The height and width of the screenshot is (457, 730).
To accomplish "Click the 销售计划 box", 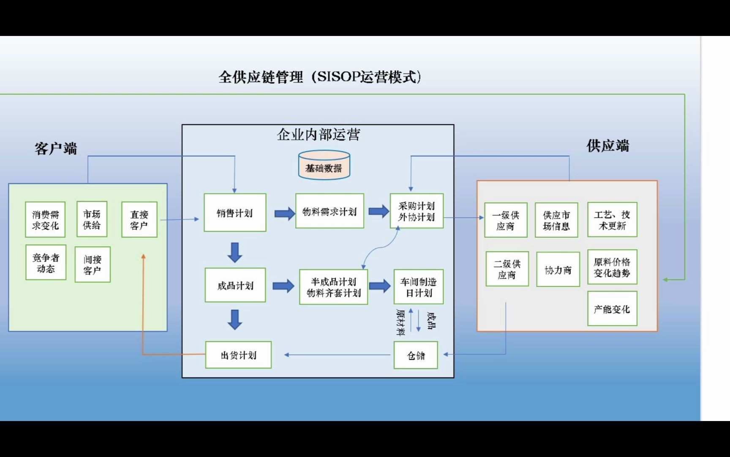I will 235,213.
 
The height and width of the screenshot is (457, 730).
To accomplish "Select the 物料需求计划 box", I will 330,211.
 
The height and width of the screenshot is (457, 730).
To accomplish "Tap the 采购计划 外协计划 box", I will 417,211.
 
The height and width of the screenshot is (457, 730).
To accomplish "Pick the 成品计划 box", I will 235,285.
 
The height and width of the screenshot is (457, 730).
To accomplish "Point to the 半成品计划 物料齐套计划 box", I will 333,287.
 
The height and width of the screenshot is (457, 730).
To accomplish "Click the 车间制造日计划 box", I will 418,287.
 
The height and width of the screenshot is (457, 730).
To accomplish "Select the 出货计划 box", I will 238,355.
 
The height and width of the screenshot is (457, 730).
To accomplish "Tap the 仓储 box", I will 416,355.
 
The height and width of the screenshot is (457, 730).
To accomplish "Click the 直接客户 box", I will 139,220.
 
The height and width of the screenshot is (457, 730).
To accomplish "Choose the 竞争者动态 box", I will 46,263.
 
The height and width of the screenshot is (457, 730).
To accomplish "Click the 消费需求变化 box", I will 45,220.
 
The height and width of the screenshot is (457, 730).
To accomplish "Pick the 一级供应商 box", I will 506,220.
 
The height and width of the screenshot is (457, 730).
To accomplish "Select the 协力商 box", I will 558,270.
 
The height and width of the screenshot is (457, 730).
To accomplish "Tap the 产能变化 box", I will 612,309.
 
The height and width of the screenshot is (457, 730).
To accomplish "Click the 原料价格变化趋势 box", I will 612,267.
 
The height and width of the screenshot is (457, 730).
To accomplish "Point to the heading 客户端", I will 56,149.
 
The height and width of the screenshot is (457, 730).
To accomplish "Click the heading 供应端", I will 607,146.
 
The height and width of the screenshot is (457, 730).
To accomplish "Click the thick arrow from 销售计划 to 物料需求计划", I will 284,213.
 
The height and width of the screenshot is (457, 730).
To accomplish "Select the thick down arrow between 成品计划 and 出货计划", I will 235,319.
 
